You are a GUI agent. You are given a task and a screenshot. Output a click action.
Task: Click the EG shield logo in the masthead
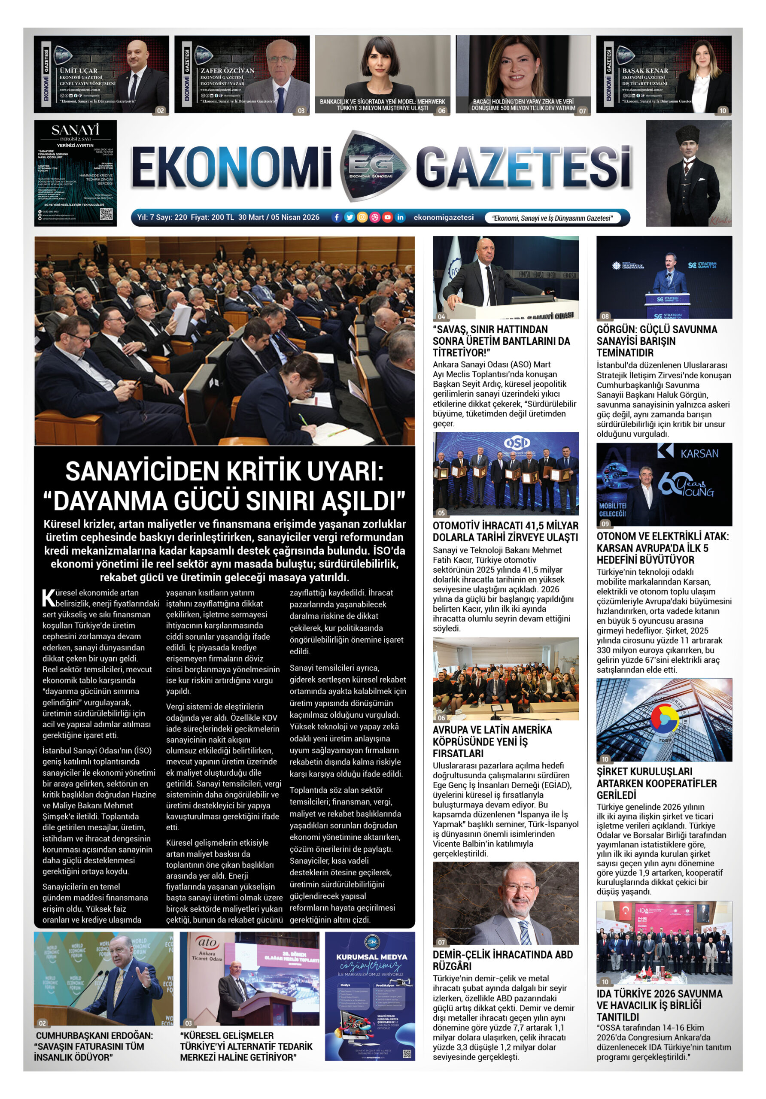374,166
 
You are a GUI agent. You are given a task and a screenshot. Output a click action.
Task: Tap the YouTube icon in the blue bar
387,217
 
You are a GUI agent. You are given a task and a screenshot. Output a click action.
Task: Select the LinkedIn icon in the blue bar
400,217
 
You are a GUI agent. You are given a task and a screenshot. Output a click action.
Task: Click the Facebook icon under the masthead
337,217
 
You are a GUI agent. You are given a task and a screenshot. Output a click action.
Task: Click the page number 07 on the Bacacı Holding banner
582,111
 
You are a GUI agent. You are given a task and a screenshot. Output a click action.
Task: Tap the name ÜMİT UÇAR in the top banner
79,70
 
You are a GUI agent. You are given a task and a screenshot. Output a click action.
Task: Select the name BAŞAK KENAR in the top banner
645,70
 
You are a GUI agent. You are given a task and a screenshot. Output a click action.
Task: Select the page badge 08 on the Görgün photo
605,316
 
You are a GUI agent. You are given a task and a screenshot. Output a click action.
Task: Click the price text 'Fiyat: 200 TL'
212,217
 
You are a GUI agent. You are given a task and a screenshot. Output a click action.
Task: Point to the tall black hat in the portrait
688,136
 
